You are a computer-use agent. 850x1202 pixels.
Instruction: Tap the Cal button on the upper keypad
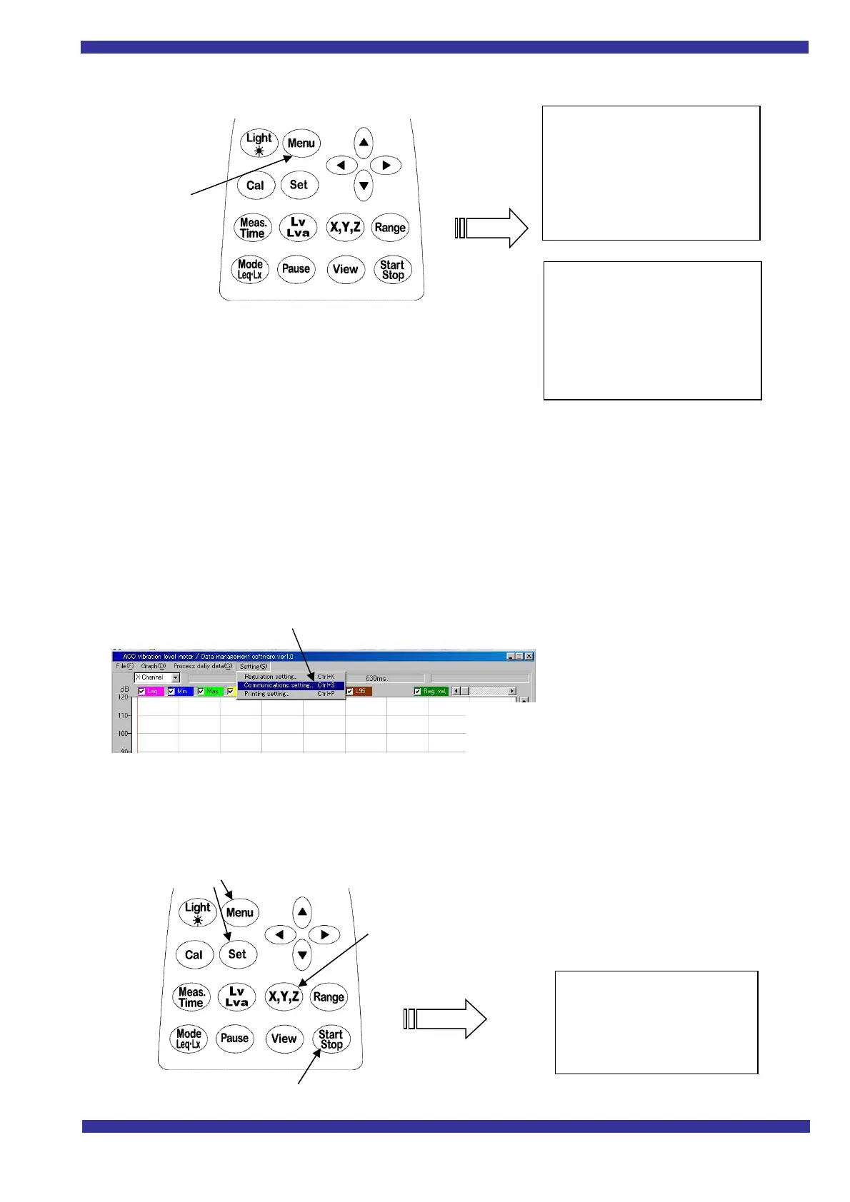pos(255,186)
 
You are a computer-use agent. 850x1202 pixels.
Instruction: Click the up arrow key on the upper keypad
pos(364,142)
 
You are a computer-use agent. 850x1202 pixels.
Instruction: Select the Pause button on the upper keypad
pos(296,269)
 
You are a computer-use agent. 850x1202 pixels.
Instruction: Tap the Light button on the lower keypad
pos(197,912)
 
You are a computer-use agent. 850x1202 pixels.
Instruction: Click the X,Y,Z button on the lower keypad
pos(284,996)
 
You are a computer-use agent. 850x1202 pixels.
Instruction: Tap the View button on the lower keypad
pos(284,1039)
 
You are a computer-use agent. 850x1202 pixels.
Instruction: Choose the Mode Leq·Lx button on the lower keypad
pos(189,1039)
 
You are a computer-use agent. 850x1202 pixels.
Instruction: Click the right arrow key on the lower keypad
pos(324,934)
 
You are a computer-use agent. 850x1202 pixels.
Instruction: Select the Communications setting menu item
pos(279,685)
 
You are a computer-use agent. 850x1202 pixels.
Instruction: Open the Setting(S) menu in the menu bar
pos(253,666)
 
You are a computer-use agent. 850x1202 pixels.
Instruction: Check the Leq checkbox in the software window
pos(141,692)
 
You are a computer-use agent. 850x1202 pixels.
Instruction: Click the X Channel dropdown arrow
pos(175,677)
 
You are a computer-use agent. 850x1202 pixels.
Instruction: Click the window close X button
pos(529,656)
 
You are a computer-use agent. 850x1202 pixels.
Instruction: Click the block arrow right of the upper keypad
pos(493,228)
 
